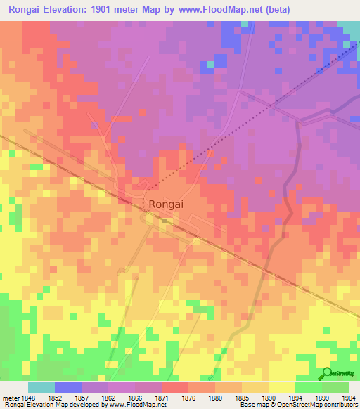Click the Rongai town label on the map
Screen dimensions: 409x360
tap(168, 204)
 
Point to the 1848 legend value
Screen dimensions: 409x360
tap(29, 397)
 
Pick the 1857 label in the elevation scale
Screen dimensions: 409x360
tap(83, 397)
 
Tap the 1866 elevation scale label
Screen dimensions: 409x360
tap(136, 397)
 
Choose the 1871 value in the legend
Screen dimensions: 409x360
tap(162, 397)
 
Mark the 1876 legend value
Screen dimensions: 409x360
tap(189, 397)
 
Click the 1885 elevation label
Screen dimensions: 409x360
tap(243, 397)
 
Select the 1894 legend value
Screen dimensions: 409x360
tap(296, 397)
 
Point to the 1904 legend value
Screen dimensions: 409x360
tap(349, 397)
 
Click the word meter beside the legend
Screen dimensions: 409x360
tap(11, 397)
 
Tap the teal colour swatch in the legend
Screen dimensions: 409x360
tap(41, 387)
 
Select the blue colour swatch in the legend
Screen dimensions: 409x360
tap(67, 387)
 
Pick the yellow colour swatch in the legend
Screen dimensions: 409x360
tap(281, 387)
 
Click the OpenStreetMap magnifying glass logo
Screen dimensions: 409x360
tap(326, 374)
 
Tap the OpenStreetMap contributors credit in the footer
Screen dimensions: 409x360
tap(317, 405)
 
